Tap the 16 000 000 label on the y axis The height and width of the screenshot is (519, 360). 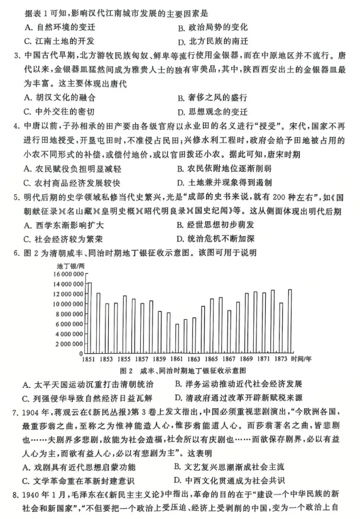(65, 274)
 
